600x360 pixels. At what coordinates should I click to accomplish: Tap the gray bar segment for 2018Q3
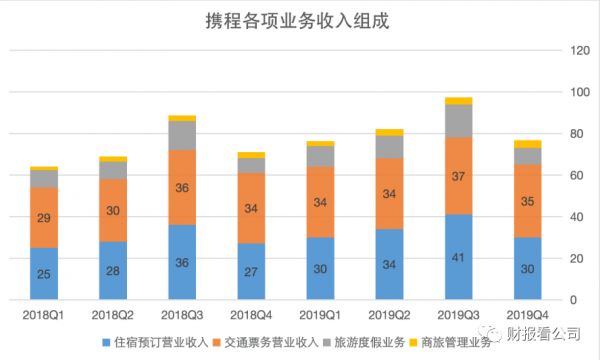pyautogui.click(x=182, y=135)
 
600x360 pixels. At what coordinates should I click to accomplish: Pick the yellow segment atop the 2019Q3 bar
pyautogui.click(x=459, y=101)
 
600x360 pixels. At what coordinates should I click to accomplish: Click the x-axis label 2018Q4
pyautogui.click(x=251, y=315)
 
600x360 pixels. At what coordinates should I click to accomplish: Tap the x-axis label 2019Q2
pyautogui.click(x=389, y=315)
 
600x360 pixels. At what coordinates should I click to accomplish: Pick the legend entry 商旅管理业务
pyautogui.click(x=449, y=343)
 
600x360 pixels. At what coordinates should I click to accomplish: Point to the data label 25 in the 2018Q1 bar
pyautogui.click(x=44, y=273)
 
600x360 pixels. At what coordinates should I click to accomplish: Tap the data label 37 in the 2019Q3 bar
pyautogui.click(x=459, y=176)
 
